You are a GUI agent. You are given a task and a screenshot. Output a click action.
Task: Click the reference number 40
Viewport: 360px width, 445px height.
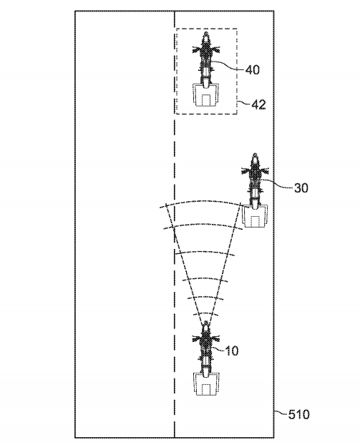[253, 69]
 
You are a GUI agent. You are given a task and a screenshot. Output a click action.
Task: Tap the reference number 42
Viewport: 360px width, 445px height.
[259, 105]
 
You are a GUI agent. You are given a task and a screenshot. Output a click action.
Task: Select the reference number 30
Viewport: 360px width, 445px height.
[301, 188]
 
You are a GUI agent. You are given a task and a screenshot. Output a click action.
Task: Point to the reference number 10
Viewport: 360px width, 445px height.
[232, 351]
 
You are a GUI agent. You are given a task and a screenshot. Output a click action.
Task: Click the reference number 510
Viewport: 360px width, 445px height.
[298, 415]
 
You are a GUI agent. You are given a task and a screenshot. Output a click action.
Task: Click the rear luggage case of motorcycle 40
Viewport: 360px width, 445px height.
[206, 94]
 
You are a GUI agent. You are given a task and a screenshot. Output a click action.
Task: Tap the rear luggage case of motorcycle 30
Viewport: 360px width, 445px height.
[255, 216]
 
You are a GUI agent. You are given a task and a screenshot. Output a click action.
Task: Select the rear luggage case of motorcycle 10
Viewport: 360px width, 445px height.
[206, 384]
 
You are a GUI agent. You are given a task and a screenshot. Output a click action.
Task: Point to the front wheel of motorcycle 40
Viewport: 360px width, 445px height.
[206, 36]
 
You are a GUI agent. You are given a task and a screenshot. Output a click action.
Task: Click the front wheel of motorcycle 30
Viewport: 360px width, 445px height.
[256, 157]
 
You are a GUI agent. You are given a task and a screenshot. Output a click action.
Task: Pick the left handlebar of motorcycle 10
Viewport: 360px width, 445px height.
[197, 338]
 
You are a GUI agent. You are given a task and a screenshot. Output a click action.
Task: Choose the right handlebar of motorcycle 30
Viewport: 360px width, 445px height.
[265, 171]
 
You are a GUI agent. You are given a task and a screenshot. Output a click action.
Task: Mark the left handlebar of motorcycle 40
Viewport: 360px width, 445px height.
[197, 49]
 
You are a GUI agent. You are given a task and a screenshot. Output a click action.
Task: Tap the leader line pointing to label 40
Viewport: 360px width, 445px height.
[228, 64]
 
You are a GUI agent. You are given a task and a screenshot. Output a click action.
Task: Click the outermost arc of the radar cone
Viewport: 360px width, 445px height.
[200, 202]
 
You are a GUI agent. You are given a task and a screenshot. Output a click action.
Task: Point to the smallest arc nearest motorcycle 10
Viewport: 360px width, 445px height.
[206, 313]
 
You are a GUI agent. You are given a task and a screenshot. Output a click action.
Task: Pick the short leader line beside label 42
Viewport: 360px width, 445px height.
[244, 104]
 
